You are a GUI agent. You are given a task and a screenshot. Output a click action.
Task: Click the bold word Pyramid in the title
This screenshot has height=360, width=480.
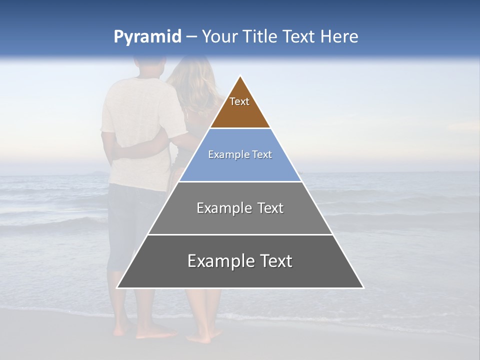(147, 37)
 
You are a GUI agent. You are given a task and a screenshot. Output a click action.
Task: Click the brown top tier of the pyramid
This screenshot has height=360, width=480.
(240, 112)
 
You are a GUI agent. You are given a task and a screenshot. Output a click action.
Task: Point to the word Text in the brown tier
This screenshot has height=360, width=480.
(239, 101)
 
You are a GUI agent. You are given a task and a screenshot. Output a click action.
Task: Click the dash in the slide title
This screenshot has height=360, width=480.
(191, 37)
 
